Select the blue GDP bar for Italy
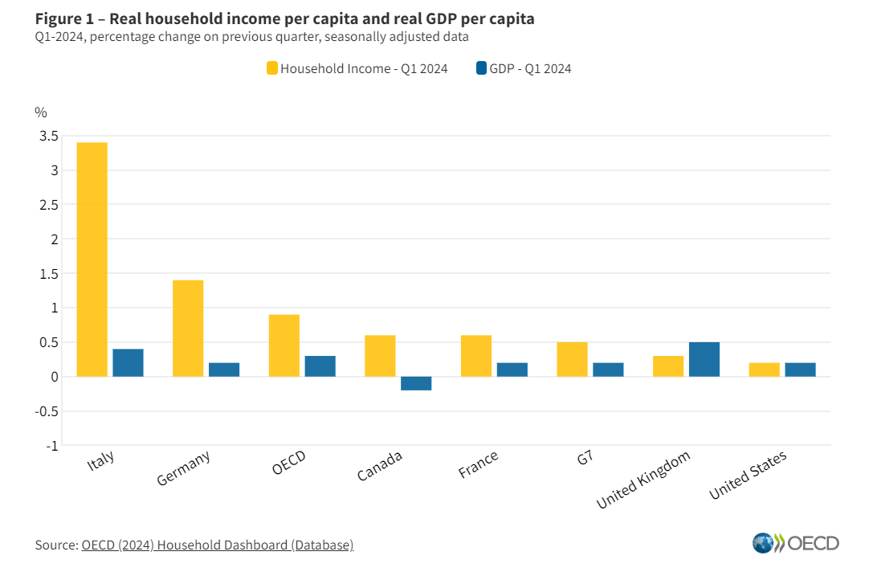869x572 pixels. [128, 362]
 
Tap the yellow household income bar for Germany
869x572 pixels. [188, 328]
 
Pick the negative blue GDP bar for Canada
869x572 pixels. [416, 383]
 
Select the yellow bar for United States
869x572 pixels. [764, 370]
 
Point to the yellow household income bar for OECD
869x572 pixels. [284, 345]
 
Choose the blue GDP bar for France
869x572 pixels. [512, 370]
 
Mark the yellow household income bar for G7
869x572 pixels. [572, 359]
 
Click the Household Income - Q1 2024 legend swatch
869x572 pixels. [271, 69]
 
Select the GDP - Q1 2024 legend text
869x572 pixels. [530, 69]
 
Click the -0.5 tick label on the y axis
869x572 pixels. [46, 411]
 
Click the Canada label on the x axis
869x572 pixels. [380, 465]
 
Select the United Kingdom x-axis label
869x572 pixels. [643, 480]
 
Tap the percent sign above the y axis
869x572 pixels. [41, 112]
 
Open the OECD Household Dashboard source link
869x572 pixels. [217, 545]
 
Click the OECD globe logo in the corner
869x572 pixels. [763, 543]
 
